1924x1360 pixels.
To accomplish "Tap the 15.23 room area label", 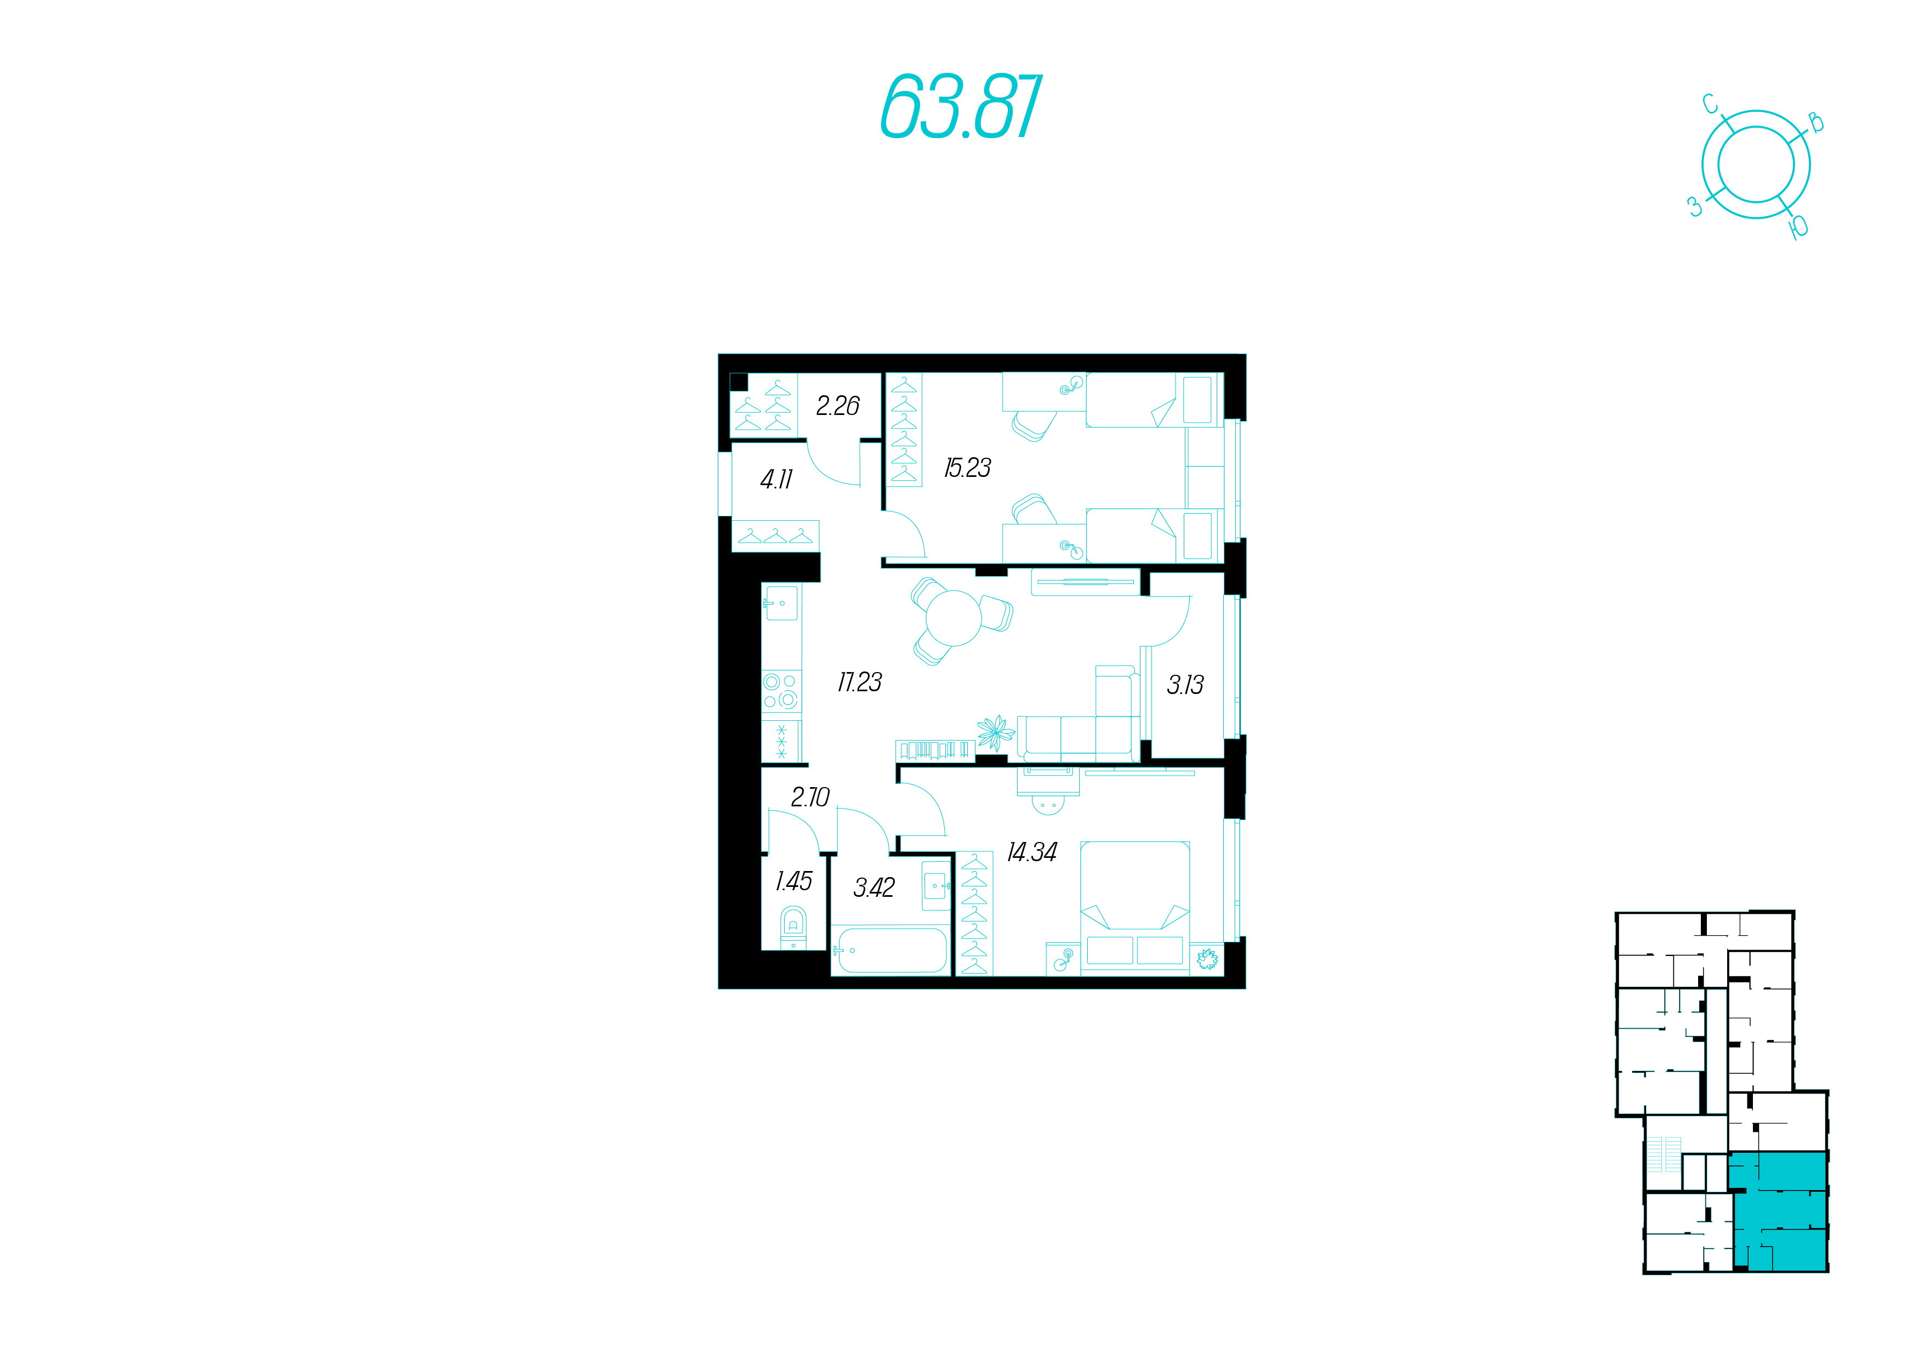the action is pos(967,468).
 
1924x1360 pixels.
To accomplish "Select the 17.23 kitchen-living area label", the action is pos(860,682).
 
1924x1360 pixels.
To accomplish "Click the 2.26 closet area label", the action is pos(838,406).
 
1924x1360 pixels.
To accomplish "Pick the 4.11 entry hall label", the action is pos(776,479).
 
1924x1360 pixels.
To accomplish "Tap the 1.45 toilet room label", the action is pos(793,881).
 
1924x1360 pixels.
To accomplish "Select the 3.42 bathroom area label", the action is pos(874,887).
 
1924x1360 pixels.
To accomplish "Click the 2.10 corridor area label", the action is pos(810,797).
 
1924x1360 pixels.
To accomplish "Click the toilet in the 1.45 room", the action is pos(793,927).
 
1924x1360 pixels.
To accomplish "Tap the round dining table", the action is pos(954,618).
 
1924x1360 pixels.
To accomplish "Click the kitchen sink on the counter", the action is pos(781,602).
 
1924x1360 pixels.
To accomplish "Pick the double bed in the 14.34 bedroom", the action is pos(1134,908).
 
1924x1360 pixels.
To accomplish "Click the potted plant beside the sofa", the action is pos(996,732).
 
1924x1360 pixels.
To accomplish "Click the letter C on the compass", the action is pos(1710,105).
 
